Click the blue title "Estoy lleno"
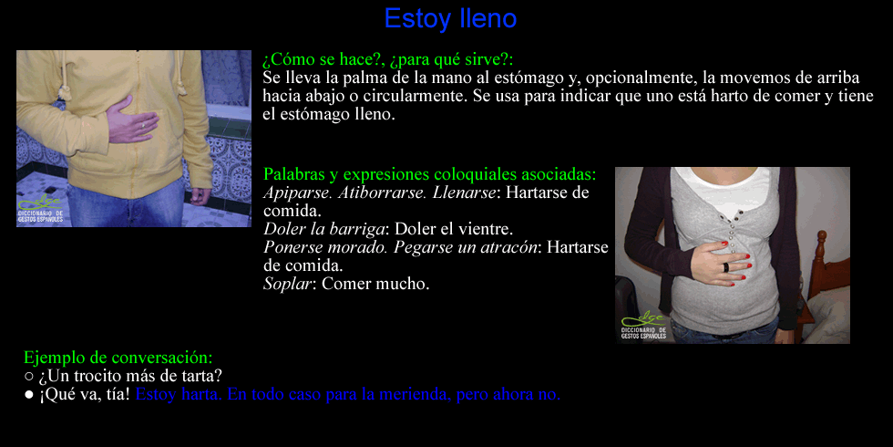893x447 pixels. coord(450,18)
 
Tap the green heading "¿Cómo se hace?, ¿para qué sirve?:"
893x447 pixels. coord(388,60)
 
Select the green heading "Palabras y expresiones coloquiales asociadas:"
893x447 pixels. coord(430,173)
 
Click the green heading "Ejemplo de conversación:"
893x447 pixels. coord(118,358)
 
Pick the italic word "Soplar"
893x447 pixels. coord(288,284)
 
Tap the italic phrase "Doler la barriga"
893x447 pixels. coord(324,229)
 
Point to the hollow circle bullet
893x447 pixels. coord(29,376)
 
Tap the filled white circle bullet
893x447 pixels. coord(29,395)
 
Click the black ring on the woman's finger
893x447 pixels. coord(726,266)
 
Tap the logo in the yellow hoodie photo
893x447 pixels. coord(40,209)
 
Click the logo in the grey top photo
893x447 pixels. coord(643,327)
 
